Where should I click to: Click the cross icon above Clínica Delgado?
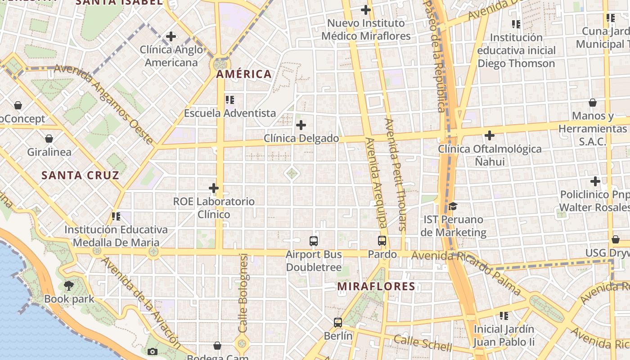[301, 125]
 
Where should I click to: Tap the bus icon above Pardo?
[382, 241]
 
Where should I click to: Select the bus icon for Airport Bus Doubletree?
[314, 241]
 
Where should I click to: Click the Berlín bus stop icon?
[338, 322]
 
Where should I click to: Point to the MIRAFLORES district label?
[376, 286]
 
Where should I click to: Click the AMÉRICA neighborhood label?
[244, 74]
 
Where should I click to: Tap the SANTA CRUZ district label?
[81, 175]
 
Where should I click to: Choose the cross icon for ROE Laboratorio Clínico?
[214, 188]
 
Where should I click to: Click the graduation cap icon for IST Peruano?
[453, 207]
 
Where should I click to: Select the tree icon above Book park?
[69, 285]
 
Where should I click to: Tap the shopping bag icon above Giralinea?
[49, 139]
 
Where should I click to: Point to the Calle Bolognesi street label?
[243, 293]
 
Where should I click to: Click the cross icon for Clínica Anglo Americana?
[171, 36]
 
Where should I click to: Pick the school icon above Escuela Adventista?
[230, 99]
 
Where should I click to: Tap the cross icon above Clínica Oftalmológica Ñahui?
[490, 135]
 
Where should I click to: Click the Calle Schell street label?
[423, 343]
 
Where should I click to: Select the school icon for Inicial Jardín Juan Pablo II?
[504, 316]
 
